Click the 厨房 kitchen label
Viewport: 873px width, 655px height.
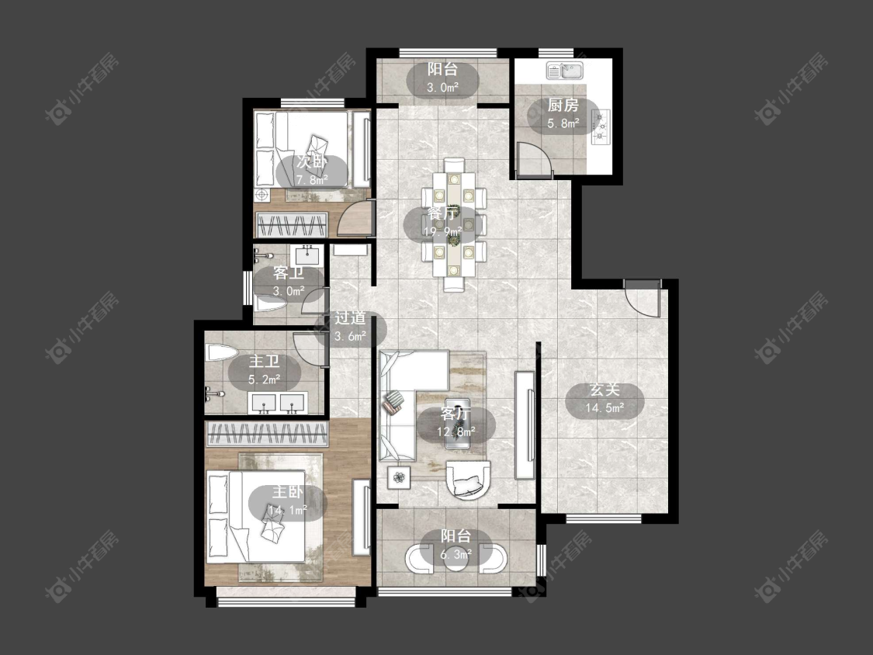[x=563, y=105]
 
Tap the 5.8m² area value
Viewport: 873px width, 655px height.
[x=563, y=123]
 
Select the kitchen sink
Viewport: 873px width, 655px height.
[x=564, y=71]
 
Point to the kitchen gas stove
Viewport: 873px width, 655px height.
[x=600, y=127]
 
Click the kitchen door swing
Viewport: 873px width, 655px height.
[x=535, y=159]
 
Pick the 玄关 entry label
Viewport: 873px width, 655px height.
[x=605, y=390]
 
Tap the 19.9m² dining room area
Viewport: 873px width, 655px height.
[x=443, y=230]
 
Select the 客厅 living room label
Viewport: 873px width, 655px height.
[x=456, y=414]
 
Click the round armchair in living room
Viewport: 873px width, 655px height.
[x=469, y=478]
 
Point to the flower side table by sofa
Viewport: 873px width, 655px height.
[x=399, y=477]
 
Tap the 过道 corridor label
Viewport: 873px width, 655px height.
[x=350, y=318]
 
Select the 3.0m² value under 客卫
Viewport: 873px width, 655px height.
[x=289, y=290]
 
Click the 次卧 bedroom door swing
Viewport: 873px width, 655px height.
[x=355, y=217]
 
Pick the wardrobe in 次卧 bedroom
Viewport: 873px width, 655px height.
[x=291, y=225]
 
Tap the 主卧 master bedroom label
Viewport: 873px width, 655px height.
[x=287, y=492]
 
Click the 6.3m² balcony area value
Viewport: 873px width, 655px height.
[x=456, y=553]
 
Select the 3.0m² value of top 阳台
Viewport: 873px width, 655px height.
[x=442, y=88]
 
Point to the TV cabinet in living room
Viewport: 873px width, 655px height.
[x=525, y=425]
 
